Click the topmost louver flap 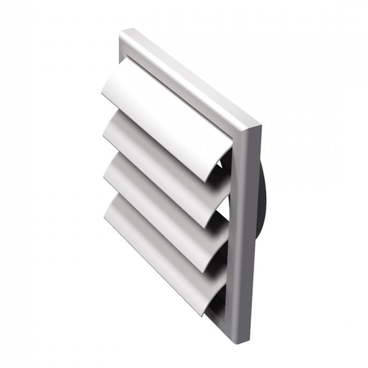166,117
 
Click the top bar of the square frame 190,74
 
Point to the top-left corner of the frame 126,34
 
